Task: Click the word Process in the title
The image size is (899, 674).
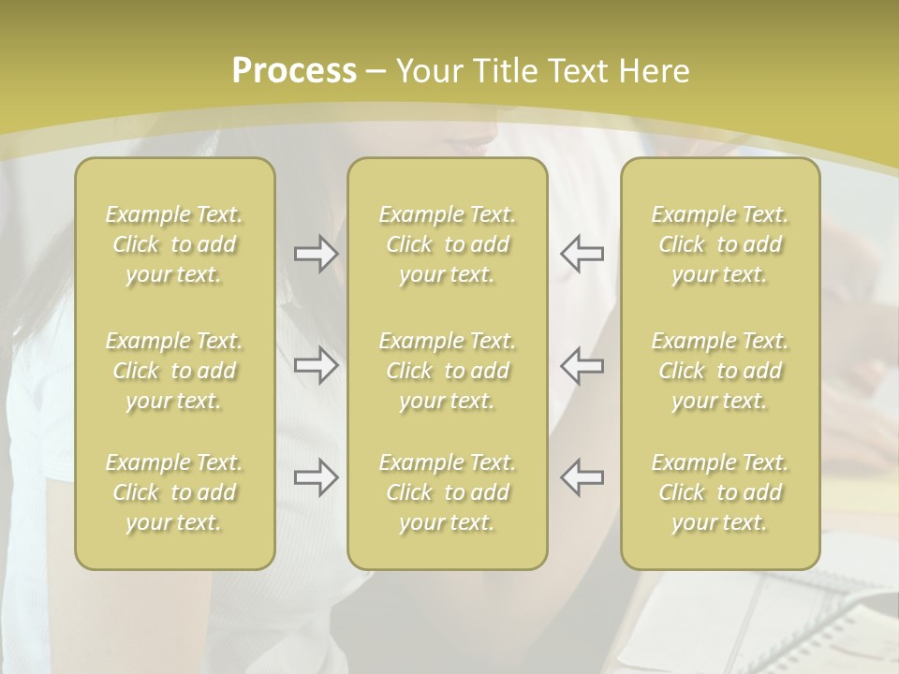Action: click(x=294, y=71)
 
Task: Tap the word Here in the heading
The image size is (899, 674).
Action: click(x=652, y=71)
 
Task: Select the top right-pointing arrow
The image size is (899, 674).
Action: click(x=316, y=254)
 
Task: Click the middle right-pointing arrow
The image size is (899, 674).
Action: click(x=316, y=365)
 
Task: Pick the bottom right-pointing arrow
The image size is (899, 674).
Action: click(x=316, y=477)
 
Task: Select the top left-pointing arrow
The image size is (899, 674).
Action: click(x=582, y=254)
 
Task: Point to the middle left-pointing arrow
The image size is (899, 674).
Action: click(x=582, y=365)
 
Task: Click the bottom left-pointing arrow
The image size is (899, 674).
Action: click(x=582, y=477)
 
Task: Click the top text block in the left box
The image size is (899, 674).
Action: click(x=174, y=244)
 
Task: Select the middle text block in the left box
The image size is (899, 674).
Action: click(x=174, y=371)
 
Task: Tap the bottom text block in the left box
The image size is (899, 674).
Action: click(x=174, y=492)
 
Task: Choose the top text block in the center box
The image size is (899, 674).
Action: click(x=448, y=244)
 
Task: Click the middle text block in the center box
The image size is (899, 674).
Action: click(x=448, y=371)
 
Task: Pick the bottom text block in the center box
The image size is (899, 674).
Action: click(x=448, y=492)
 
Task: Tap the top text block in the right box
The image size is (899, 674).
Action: click(x=720, y=244)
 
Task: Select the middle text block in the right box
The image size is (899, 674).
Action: click(x=720, y=371)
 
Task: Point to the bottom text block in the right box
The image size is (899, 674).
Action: click(x=720, y=492)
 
